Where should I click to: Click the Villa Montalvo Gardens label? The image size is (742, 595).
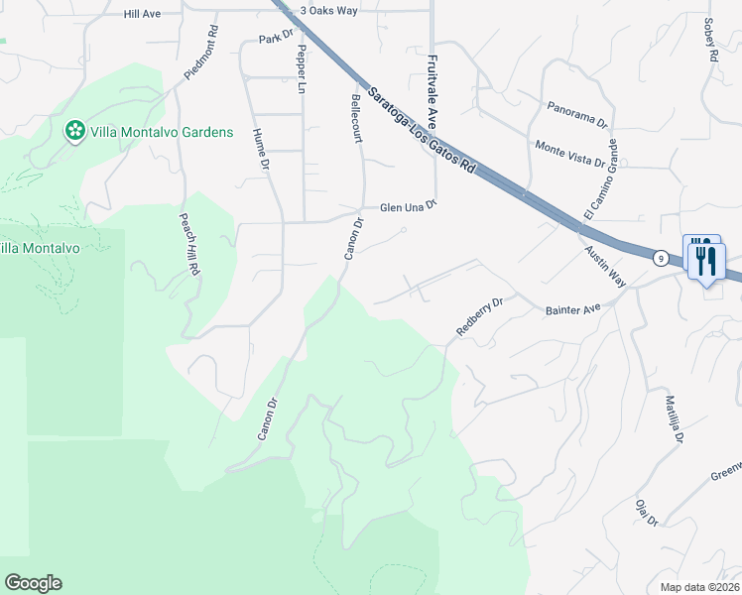[161, 132]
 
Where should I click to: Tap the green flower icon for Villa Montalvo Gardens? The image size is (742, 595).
[73, 131]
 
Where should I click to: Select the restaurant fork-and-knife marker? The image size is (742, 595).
[705, 261]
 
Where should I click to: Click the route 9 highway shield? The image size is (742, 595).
[660, 257]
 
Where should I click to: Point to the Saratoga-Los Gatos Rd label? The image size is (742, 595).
[421, 131]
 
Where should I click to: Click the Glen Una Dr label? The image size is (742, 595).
[409, 208]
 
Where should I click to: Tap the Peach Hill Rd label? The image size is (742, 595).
[189, 244]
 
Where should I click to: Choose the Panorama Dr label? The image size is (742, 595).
[577, 112]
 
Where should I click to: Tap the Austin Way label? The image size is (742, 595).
[604, 267]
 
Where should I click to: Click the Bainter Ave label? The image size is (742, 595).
[573, 310]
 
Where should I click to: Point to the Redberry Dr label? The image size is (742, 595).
[480, 315]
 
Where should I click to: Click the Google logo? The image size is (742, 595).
[34, 583]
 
